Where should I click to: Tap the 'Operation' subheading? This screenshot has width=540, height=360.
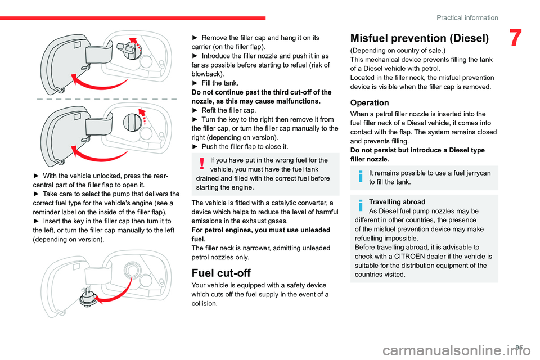(370, 102)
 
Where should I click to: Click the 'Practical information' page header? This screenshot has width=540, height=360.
(467, 17)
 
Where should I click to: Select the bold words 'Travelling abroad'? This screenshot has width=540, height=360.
(394, 201)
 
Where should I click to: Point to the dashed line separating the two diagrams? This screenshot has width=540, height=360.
(105, 98)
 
